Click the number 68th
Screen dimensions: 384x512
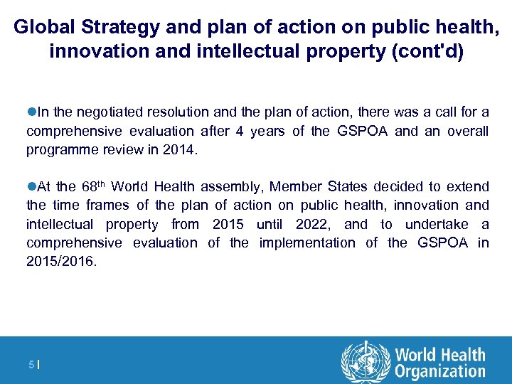point(92,186)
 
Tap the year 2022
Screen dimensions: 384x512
point(316,224)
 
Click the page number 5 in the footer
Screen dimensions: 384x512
point(31,365)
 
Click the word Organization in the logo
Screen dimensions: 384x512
point(440,371)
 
